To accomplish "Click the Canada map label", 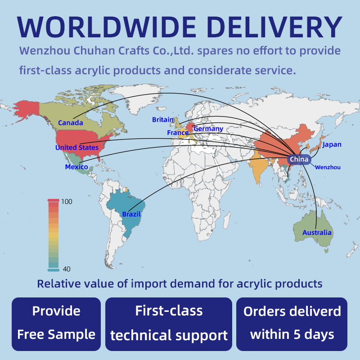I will click(x=71, y=123).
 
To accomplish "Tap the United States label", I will click(x=76, y=148).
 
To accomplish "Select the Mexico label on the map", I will click(x=76, y=167).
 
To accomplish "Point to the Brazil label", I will click(x=131, y=215).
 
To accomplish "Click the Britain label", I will click(x=163, y=120).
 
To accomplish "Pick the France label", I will click(x=178, y=133).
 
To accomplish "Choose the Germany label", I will click(x=208, y=129).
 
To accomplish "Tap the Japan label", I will click(x=332, y=145).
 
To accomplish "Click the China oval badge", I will click(x=299, y=159).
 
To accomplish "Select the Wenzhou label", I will click(x=328, y=167).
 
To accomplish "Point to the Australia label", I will click(x=317, y=233).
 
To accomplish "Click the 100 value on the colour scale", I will click(x=67, y=202).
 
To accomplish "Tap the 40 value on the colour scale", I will click(x=66, y=269).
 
